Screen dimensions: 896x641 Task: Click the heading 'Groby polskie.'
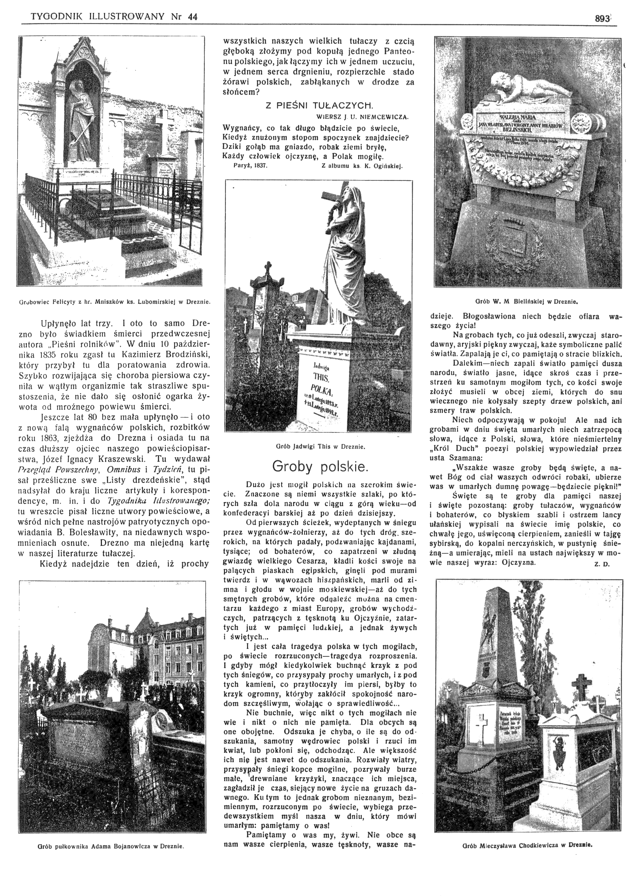[x=320, y=467]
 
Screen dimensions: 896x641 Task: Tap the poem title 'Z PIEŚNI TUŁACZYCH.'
[x=319, y=106]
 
